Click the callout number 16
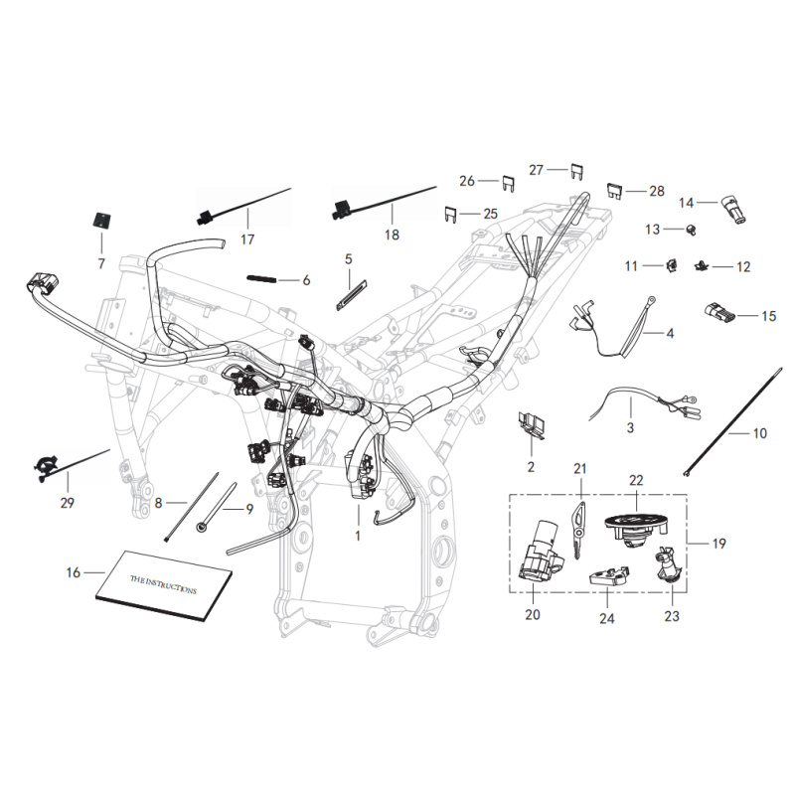tap(73, 573)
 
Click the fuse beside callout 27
tap(576, 170)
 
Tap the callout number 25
tap(490, 214)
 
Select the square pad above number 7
tap(100, 221)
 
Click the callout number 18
tap(392, 236)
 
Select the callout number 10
tap(759, 434)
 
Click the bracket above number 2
tap(535, 422)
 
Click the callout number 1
tap(360, 536)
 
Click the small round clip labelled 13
tap(689, 232)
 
